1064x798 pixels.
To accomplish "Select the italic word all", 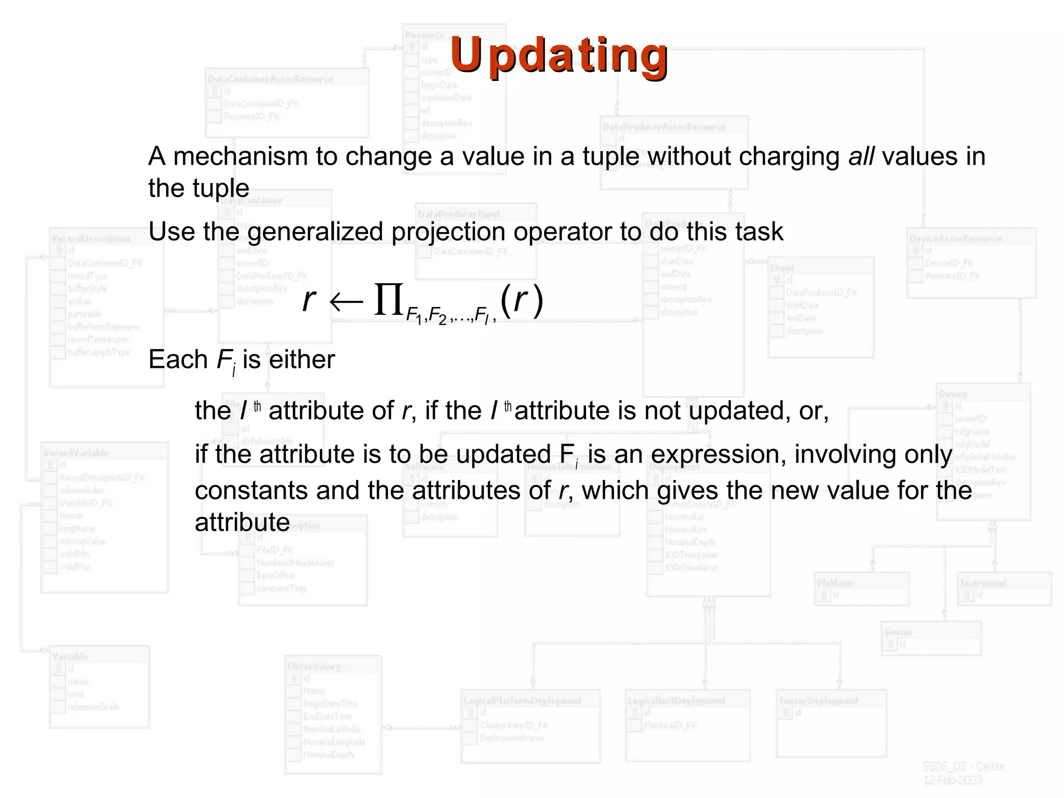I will click(x=861, y=156).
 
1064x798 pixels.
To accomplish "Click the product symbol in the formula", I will click(x=389, y=300).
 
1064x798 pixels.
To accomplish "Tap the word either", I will click(x=302, y=360).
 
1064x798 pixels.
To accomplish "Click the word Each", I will click(x=178, y=360).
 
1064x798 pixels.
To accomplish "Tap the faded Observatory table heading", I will click(x=314, y=667).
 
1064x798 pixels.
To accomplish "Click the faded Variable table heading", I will click(x=70, y=657).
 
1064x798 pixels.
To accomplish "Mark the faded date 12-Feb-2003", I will click(x=952, y=780).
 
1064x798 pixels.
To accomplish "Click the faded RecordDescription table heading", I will click(x=91, y=239).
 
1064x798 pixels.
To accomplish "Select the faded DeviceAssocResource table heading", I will click(x=955, y=239).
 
